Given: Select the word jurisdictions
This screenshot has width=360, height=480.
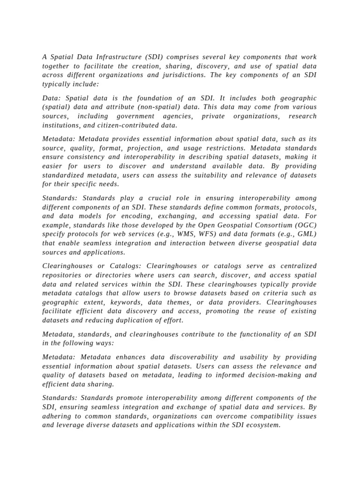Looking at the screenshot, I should click(x=180, y=75).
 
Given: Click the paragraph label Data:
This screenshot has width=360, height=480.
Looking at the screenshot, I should click(x=52, y=98).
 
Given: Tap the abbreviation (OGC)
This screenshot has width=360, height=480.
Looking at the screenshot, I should click(x=306, y=225).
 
